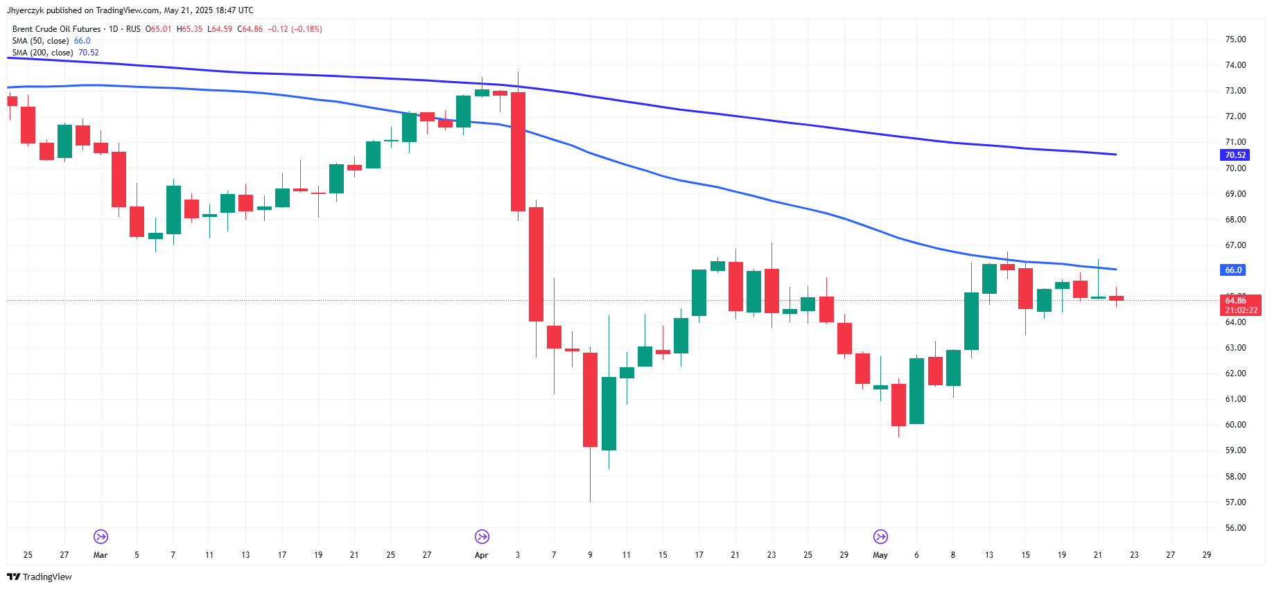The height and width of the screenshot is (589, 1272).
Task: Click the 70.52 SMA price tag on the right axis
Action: click(x=1235, y=155)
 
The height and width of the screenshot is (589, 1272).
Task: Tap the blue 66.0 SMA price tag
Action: click(x=1233, y=270)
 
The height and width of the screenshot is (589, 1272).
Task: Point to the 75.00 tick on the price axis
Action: click(x=1235, y=39)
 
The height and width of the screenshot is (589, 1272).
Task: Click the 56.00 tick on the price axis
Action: click(x=1235, y=528)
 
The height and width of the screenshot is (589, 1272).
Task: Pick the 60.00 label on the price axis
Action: click(x=1235, y=425)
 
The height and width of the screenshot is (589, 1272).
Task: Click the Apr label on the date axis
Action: click(x=481, y=555)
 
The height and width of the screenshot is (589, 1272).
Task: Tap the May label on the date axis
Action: click(x=880, y=555)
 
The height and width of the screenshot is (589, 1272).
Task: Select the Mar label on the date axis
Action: click(x=101, y=555)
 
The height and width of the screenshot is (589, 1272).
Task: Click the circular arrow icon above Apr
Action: click(x=482, y=537)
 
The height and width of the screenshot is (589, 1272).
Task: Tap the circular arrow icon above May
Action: click(x=880, y=537)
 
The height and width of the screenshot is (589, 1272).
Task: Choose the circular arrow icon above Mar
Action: click(x=101, y=537)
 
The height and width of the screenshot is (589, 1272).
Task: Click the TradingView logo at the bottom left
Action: click(x=40, y=577)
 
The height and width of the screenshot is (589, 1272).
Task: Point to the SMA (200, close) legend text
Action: click(x=42, y=53)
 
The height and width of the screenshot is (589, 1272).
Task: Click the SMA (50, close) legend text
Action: click(x=40, y=41)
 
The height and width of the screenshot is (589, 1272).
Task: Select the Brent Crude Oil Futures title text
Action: click(x=56, y=29)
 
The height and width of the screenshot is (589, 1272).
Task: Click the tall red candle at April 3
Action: click(x=518, y=152)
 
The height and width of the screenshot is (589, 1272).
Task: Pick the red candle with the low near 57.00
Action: click(x=590, y=400)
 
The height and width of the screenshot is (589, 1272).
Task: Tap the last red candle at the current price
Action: click(x=1116, y=298)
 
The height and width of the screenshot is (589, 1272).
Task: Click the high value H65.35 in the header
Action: click(x=189, y=29)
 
